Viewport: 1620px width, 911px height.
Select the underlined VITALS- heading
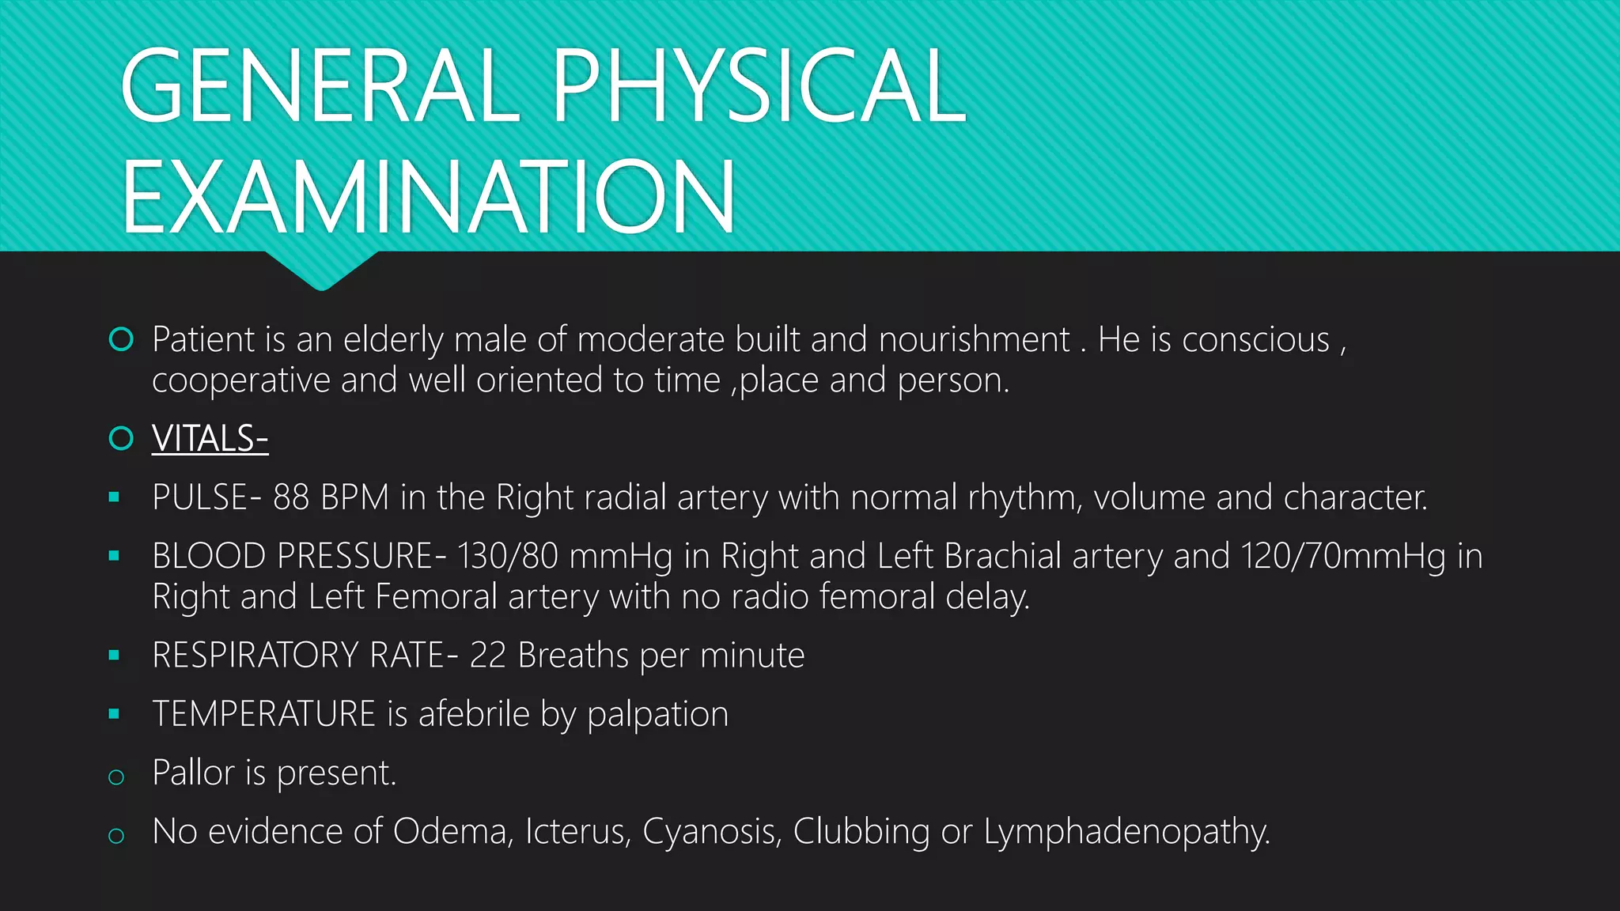210,439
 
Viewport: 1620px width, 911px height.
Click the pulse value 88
291,497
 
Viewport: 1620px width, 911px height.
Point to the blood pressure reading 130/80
508,556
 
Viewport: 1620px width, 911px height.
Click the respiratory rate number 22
487,656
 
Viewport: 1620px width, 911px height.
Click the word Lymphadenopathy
1126,832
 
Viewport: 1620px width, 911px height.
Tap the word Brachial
1002,556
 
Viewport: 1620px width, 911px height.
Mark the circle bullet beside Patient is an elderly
121,339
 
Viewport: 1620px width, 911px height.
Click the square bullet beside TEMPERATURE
115,714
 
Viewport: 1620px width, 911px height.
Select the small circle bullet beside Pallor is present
116,777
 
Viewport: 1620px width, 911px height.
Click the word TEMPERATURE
263,714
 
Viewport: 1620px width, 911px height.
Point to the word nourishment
974,340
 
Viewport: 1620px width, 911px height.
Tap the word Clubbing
861,832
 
